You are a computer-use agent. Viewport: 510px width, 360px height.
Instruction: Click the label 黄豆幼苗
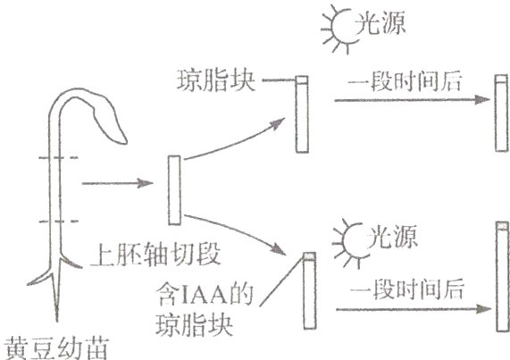click(54, 345)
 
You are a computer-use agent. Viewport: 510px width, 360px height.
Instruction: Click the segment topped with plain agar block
click(304, 115)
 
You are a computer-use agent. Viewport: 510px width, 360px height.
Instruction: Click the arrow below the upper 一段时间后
click(402, 99)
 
